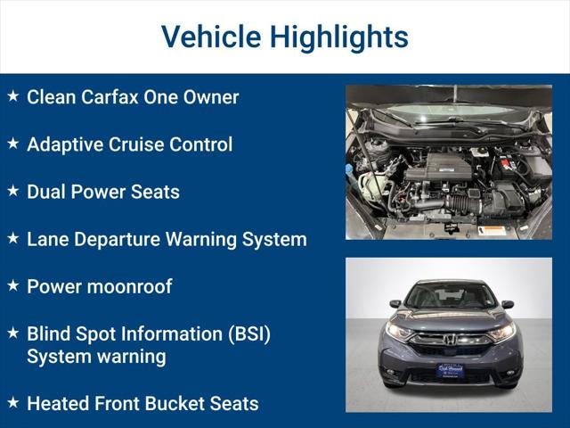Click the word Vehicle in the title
210,37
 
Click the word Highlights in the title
338,37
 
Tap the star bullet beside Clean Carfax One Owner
12,95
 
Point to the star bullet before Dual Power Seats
12,190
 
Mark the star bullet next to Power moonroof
12,285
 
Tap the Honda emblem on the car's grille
450,340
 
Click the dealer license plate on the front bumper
450,370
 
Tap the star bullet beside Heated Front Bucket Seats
12,402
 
